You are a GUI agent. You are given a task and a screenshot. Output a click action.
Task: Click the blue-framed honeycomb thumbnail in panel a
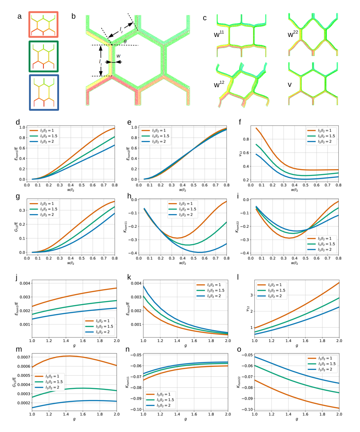44,93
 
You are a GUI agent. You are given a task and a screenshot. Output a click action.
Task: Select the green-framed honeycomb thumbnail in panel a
43,56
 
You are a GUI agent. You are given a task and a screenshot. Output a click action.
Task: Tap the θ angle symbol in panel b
125,42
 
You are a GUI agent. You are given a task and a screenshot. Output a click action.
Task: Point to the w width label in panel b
118,56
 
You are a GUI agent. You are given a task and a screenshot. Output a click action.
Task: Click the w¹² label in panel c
219,84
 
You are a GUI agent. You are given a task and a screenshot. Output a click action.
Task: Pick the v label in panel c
290,85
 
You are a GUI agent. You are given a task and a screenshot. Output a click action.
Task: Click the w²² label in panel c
293,34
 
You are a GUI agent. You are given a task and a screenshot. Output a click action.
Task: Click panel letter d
18,122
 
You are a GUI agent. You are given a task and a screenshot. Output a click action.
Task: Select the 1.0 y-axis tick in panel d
22,127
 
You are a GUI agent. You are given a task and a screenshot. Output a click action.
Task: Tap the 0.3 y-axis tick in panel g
22,210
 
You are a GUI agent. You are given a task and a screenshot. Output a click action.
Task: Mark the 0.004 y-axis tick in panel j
25,283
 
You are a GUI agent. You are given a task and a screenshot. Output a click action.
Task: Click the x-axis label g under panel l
297,346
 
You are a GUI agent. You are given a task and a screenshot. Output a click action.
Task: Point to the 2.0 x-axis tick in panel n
228,414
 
